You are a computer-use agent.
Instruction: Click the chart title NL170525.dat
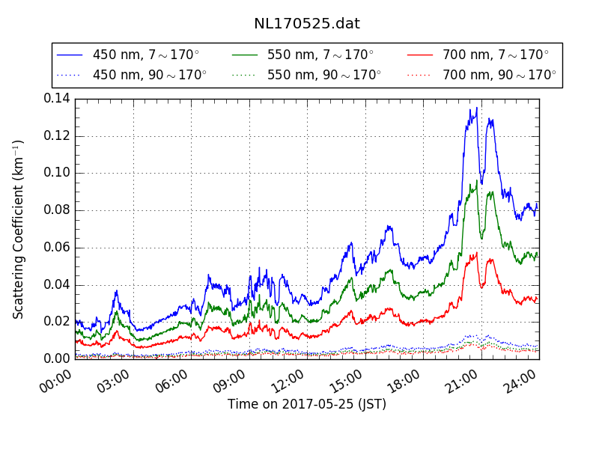307,23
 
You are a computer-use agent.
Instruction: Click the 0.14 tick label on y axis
56,98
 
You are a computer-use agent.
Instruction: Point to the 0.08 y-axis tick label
56,210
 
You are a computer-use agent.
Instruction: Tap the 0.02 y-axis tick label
56,322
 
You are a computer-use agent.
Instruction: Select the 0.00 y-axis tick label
56,359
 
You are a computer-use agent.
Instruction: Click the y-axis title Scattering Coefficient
19,229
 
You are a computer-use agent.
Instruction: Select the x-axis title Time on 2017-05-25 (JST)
307,405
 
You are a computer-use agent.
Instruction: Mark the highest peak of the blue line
476,108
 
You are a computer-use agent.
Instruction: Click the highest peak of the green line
476,180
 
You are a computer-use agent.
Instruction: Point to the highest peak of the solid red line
475,253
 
